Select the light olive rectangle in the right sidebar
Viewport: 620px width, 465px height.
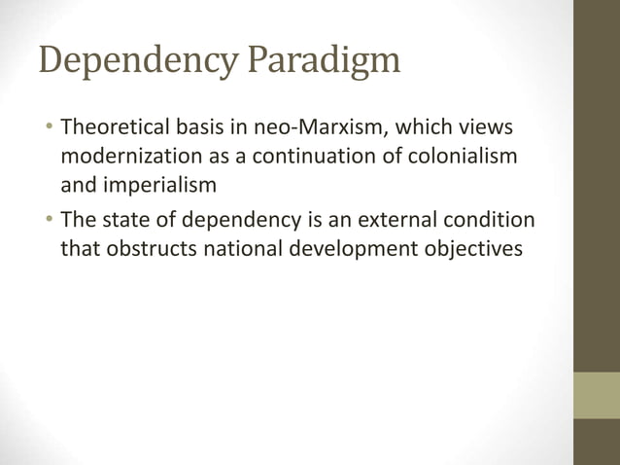click(597, 395)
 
